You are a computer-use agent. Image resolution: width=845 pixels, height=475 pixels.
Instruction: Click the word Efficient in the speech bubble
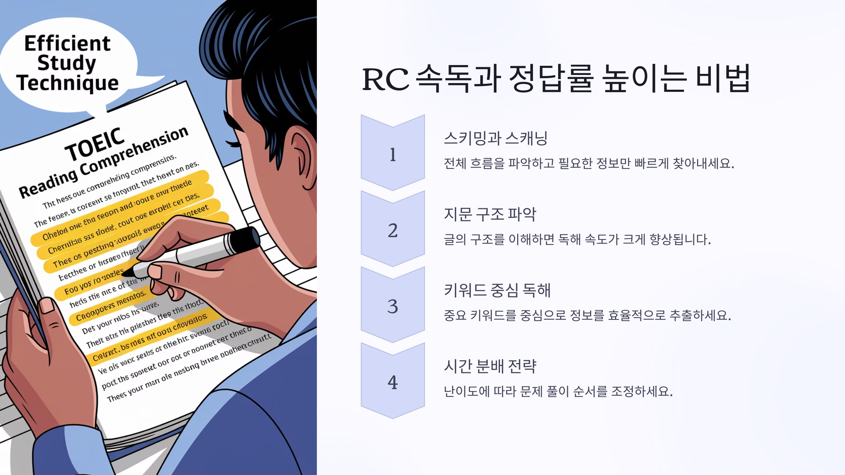67,44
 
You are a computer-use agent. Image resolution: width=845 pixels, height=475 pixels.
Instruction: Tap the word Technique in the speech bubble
67,83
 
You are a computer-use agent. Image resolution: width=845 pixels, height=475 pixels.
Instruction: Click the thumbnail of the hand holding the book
47,305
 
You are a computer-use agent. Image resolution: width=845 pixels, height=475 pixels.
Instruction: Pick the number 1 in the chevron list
393,155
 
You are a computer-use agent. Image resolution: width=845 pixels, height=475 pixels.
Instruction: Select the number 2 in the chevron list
393,231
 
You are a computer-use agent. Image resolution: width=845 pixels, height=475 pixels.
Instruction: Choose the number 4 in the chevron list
393,383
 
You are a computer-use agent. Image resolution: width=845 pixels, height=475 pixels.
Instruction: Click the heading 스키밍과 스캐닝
495,138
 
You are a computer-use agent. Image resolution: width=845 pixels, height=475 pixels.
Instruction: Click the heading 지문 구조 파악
490,214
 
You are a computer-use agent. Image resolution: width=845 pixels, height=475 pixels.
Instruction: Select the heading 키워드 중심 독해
497,290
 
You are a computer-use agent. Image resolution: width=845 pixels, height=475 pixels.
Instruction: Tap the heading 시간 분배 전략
490,366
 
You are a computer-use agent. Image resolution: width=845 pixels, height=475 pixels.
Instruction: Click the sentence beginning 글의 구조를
577,240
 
